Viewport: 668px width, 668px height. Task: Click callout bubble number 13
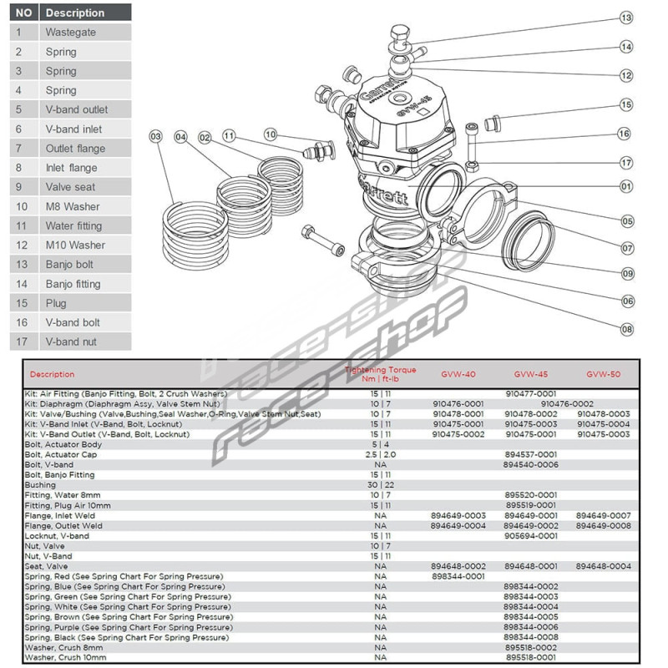pos(627,18)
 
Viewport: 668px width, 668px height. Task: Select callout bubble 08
pos(627,329)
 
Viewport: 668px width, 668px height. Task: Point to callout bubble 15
pos(627,104)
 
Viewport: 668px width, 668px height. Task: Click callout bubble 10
pos(270,134)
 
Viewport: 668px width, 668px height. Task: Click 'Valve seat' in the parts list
pos(70,187)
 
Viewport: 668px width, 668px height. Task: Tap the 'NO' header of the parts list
pos(25,13)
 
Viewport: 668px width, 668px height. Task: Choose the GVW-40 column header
pos(458,375)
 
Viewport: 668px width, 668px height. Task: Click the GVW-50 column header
pos(602,375)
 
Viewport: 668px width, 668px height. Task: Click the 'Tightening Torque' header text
pos(381,370)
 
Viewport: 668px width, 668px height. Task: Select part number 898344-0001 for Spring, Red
pos(458,576)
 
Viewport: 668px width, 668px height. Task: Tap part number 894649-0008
pos(603,526)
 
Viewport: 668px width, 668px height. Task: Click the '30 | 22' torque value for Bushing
pos(381,485)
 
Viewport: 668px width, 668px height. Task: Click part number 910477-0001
pos(531,393)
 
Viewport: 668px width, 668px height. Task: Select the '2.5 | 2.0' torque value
pos(381,454)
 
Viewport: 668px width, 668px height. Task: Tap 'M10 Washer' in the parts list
pos(75,245)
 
